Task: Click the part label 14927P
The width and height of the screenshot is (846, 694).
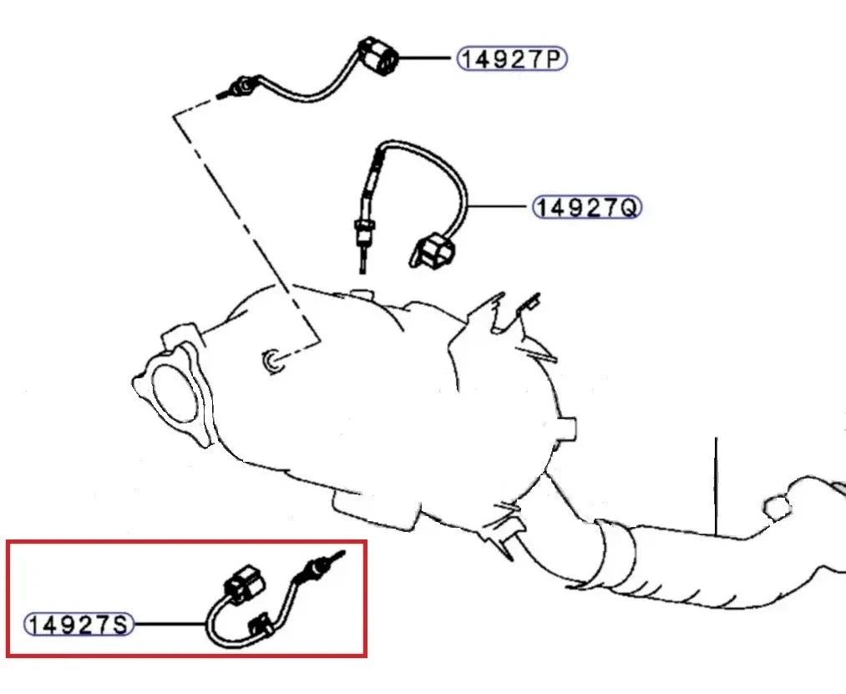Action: point(511,58)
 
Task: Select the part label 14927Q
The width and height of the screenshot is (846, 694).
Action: point(587,206)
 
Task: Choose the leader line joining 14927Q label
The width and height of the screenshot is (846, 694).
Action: point(499,205)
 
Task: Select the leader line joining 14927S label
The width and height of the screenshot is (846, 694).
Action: point(169,623)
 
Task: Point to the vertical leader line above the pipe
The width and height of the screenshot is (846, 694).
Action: point(716,484)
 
